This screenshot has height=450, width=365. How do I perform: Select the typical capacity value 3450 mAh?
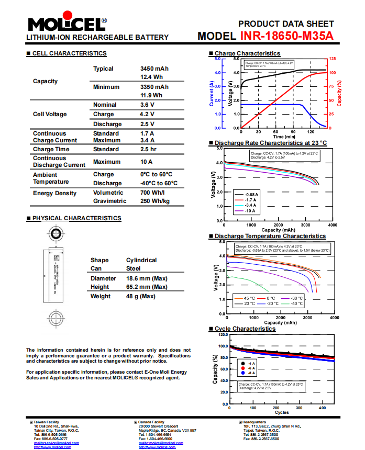tap(154, 69)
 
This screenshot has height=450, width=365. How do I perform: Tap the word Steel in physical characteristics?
tap(134, 268)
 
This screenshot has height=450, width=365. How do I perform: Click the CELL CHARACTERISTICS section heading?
tap(69, 53)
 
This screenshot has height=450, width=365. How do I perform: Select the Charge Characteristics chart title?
tap(247, 53)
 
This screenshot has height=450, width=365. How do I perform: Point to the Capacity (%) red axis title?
tap(340, 93)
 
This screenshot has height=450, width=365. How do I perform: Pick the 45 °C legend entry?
tap(248, 298)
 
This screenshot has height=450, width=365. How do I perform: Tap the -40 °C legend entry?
tap(296, 303)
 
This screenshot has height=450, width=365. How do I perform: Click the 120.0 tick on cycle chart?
tap(222, 334)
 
